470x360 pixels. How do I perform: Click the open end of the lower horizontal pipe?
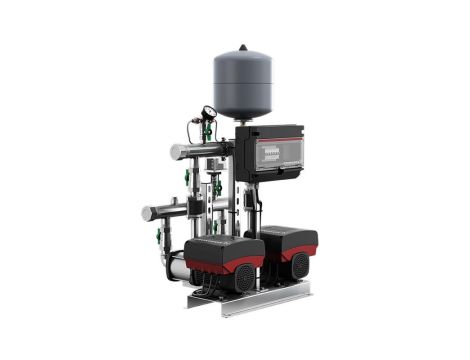pyautogui.click(x=147, y=212)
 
